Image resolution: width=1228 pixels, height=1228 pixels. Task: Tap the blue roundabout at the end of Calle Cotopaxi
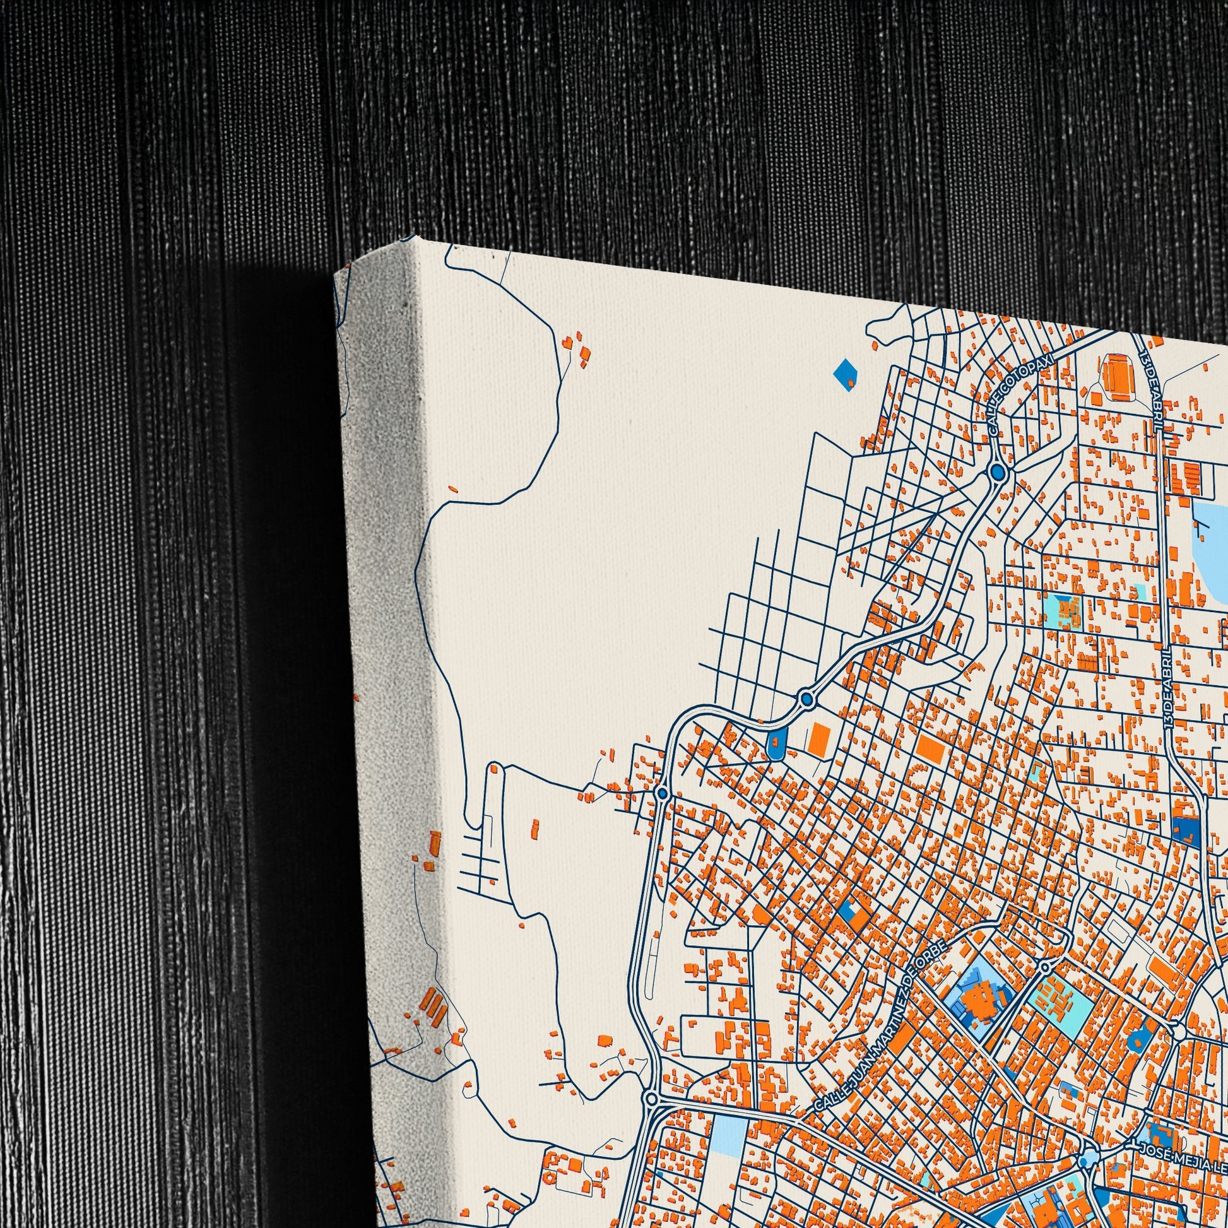998,472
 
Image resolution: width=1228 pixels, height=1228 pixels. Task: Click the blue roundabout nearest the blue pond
807,699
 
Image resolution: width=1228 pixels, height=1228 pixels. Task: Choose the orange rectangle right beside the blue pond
820,740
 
